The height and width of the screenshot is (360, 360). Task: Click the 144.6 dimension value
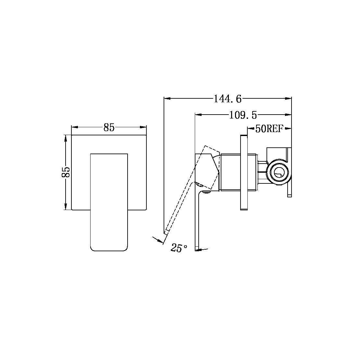click(x=228, y=99)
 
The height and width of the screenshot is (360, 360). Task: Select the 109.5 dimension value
click(x=243, y=115)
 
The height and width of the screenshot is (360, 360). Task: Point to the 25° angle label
click(x=179, y=248)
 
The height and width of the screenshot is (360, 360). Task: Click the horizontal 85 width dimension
click(x=109, y=128)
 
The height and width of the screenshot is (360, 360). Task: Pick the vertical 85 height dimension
click(x=65, y=172)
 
